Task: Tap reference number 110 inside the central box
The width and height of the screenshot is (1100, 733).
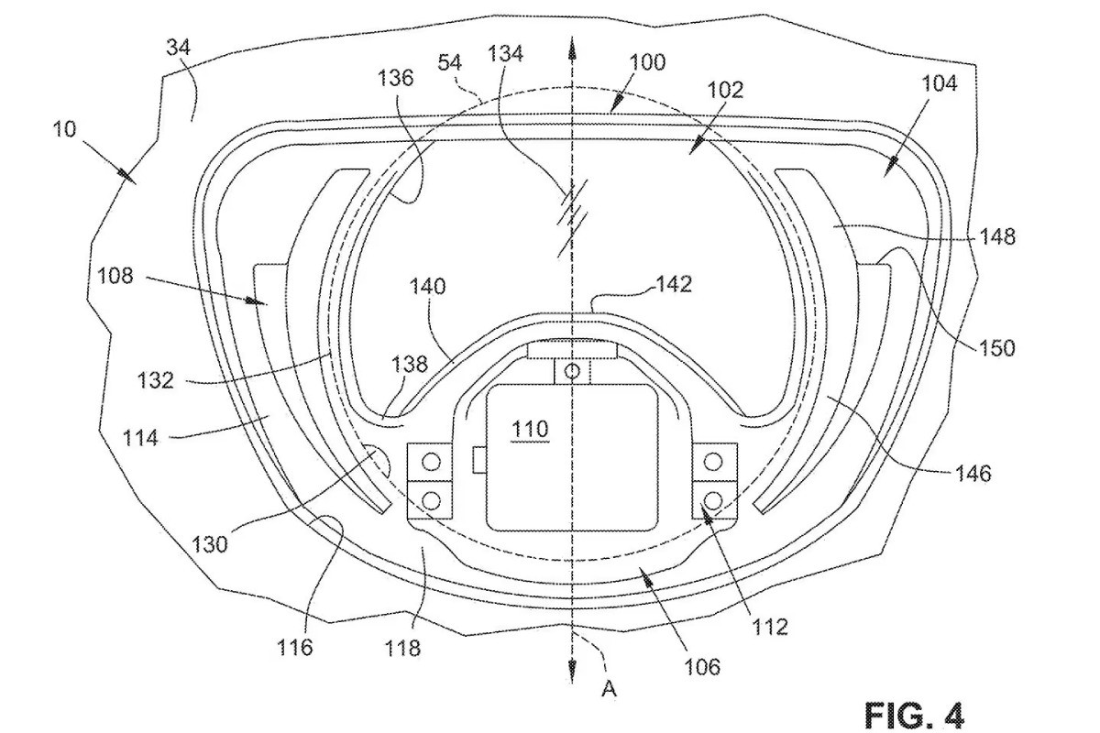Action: click(530, 428)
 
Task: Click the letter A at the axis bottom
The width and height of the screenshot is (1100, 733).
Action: click(608, 689)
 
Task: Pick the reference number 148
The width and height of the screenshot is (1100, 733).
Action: click(996, 236)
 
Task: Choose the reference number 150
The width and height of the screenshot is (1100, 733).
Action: click(996, 347)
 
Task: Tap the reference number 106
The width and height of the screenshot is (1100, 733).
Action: click(701, 666)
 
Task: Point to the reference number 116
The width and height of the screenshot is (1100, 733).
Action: click(295, 648)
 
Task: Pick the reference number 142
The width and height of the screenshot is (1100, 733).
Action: click(673, 284)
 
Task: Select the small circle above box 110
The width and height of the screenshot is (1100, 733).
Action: click(573, 371)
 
